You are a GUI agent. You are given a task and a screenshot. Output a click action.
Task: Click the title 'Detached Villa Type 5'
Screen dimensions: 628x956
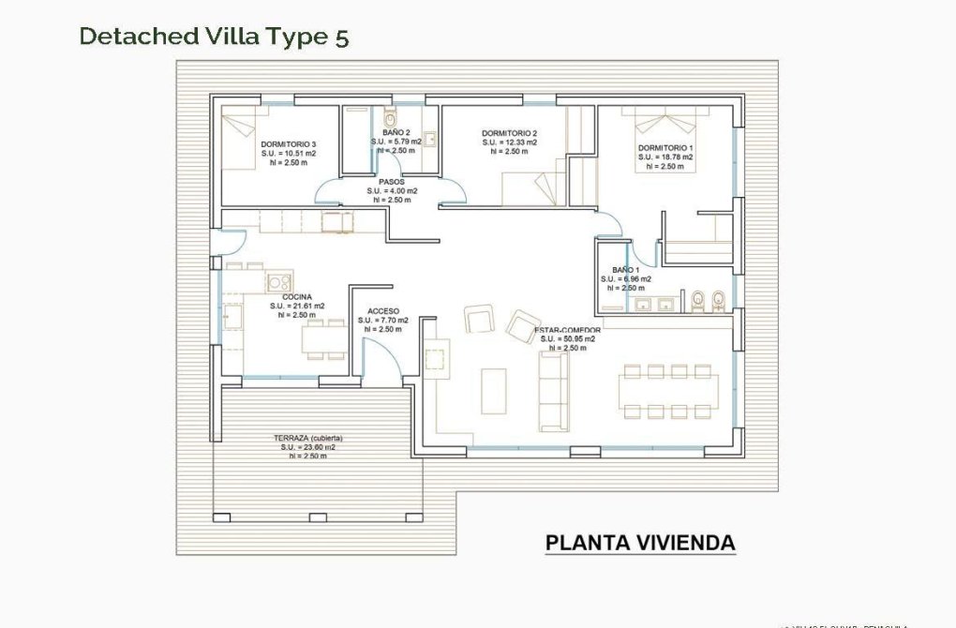click(x=215, y=36)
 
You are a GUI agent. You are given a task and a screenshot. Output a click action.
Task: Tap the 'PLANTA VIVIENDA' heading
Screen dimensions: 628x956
click(x=640, y=543)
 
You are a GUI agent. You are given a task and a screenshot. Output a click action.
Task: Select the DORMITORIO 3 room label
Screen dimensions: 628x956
click(x=288, y=143)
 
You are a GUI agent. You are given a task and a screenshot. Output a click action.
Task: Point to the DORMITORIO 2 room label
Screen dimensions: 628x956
click(x=509, y=133)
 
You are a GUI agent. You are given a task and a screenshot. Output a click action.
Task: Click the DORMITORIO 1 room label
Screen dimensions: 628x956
click(x=665, y=148)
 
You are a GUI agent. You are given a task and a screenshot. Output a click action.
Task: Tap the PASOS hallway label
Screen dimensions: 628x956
click(x=391, y=182)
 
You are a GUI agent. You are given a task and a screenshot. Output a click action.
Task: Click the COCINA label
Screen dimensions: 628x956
click(x=297, y=297)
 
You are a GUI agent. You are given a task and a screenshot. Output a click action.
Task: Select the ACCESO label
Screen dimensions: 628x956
click(x=383, y=311)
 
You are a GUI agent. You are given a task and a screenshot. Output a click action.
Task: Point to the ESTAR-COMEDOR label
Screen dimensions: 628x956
click(x=567, y=331)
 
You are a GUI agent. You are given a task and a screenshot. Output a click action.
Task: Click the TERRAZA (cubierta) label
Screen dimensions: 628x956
click(x=307, y=438)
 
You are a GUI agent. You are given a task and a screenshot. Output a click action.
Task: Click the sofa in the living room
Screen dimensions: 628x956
click(x=553, y=391)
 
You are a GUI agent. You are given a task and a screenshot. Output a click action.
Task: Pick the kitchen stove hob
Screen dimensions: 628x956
click(x=278, y=281)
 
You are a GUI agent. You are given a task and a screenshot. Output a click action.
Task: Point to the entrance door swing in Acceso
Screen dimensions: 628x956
click(x=380, y=359)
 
